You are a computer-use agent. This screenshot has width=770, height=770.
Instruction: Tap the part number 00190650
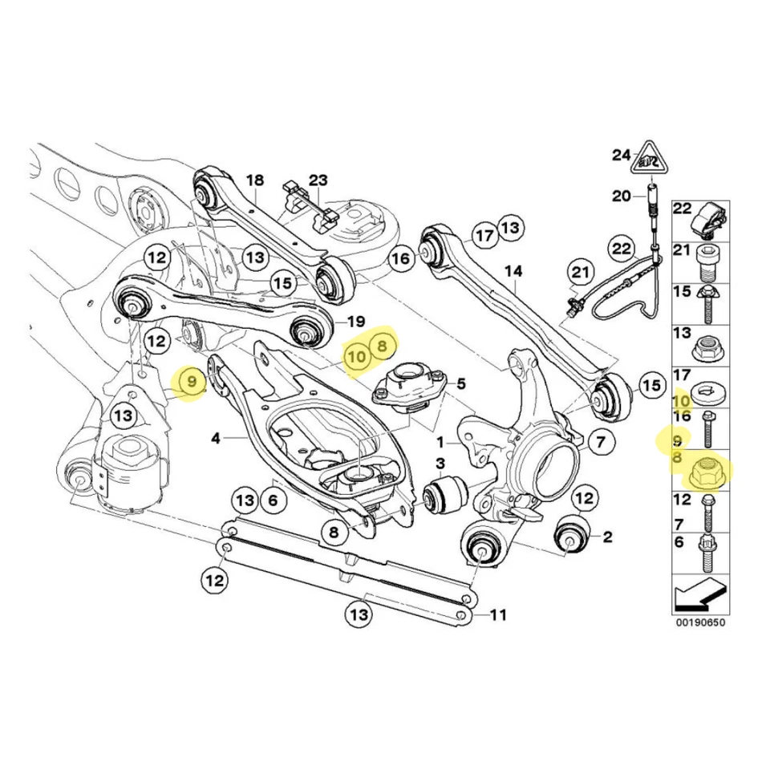[699, 622]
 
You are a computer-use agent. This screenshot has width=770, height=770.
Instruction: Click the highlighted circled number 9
[192, 383]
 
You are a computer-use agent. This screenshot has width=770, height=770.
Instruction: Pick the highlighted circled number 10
[356, 353]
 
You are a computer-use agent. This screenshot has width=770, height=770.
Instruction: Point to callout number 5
[461, 383]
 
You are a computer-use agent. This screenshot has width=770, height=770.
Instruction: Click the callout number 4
[216, 438]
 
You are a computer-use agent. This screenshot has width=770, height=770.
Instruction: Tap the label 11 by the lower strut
[498, 615]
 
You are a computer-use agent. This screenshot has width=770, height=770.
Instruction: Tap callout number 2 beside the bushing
[606, 536]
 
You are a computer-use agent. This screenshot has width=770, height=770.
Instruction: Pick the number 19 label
[357, 322]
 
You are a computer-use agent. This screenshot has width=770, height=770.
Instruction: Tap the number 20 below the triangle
[622, 195]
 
